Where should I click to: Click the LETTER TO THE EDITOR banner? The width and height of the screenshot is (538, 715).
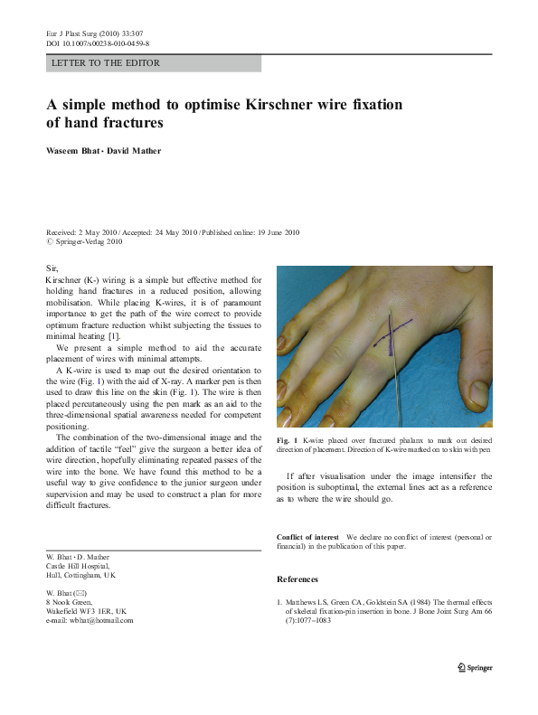click(106, 63)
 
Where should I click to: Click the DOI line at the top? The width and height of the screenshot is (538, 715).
click(98, 43)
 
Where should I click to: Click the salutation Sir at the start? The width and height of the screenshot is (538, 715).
click(52, 268)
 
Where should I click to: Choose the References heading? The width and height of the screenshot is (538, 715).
click(297, 579)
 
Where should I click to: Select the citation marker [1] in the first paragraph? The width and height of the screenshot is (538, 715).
click(114, 336)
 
